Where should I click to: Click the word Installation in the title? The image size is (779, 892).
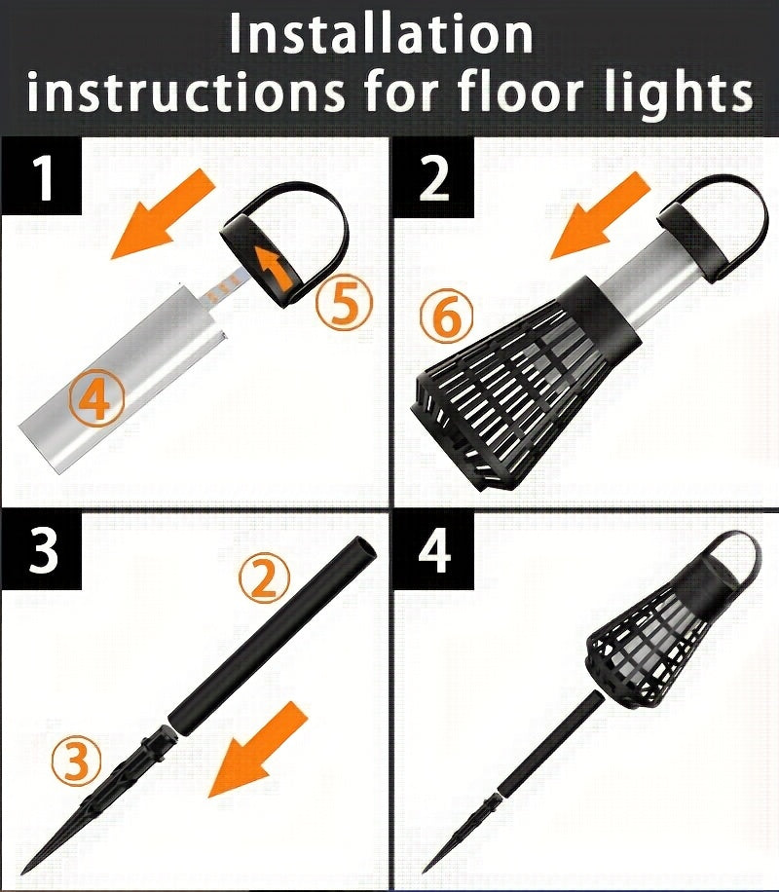coord(380,34)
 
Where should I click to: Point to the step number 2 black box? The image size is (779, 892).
coord(434,178)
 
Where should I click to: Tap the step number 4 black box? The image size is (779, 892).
coord(434,550)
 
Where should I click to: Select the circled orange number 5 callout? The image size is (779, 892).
coord(345,303)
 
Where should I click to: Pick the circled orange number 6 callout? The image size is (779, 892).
coord(447,316)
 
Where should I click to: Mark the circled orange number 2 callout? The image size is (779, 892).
coord(264,578)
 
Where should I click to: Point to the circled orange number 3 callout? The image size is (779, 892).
coord(76,760)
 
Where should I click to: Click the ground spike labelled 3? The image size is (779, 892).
coord(95,803)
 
